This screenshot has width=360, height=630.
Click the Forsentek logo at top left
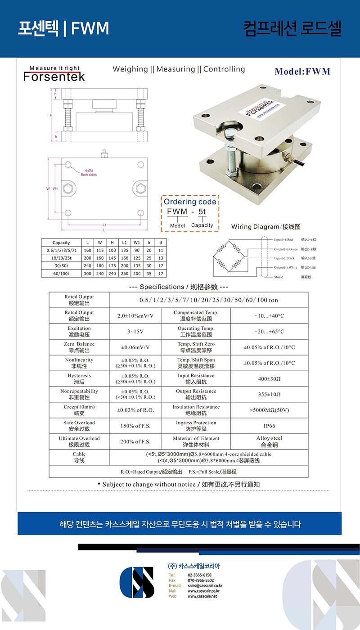click(x=54, y=74)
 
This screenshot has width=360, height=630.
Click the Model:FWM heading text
click(x=302, y=72)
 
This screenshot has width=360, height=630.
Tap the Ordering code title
click(x=189, y=202)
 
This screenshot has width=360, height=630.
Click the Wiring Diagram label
click(x=265, y=227)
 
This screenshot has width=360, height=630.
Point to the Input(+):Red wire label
click(x=283, y=240)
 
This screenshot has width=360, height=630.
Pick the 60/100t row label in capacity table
click(x=61, y=274)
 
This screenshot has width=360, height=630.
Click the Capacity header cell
click(x=61, y=243)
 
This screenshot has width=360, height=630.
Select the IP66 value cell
click(x=269, y=426)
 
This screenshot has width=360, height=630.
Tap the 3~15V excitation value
click(x=135, y=332)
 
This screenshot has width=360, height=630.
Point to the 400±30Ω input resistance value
click(x=269, y=379)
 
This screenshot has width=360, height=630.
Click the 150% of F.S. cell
click(x=135, y=426)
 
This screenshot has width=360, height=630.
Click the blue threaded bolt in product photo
click(x=231, y=152)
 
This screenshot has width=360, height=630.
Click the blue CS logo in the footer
click(x=137, y=582)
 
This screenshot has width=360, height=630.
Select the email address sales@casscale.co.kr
click(x=205, y=585)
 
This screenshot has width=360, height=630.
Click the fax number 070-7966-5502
click(x=201, y=580)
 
